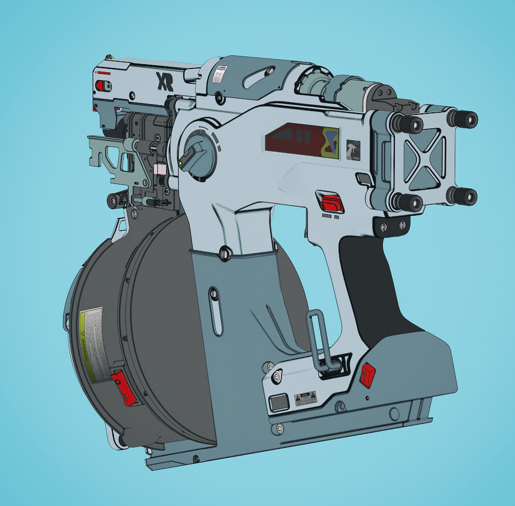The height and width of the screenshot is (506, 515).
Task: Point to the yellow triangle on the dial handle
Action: click(x=181, y=163)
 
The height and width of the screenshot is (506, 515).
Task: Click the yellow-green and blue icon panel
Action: click(x=330, y=141)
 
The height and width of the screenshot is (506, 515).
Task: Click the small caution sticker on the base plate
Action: click(x=306, y=398)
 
